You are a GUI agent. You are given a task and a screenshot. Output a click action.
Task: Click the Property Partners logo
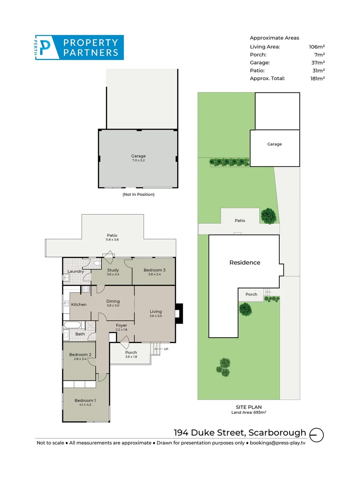[79, 48]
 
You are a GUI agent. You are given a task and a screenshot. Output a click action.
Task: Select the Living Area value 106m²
[317, 46]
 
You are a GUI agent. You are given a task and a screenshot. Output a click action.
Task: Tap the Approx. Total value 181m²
[317, 78]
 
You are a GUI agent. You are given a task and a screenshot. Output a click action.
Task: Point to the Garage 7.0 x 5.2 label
[138, 158]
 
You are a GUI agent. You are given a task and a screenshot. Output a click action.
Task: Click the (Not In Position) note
[138, 195]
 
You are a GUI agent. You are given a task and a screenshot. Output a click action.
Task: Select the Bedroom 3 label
[155, 272]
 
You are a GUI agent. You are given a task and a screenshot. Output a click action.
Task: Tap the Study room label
[113, 272]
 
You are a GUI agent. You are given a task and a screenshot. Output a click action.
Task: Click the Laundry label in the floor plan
[76, 271]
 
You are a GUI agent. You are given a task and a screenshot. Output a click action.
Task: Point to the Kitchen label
[79, 305]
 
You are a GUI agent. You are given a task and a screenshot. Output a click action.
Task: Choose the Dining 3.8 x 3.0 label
[113, 303]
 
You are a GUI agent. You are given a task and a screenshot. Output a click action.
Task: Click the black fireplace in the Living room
[179, 312]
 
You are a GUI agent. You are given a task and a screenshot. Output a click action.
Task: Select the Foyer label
[121, 327]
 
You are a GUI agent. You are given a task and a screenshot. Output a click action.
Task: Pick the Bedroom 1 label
[85, 402]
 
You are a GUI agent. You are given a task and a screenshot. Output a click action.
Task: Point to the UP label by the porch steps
[166, 349]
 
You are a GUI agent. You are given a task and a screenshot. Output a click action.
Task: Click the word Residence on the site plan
[245, 263]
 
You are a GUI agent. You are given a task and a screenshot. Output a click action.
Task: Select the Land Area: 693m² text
[248, 412]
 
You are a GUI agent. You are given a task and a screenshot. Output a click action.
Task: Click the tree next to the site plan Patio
[268, 216]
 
